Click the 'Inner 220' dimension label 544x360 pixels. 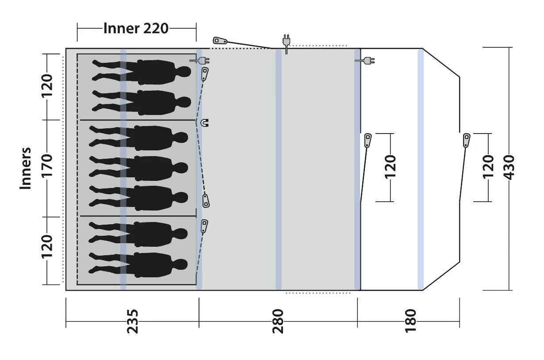point(136,28)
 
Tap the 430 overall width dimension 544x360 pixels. point(509,168)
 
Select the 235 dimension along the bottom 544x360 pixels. point(133,321)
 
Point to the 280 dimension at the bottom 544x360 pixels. point(278,321)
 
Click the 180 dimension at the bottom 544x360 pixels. point(410,321)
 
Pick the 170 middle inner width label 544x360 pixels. point(47,166)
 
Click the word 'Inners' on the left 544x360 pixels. point(25,168)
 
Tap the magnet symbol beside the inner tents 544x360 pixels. point(205,123)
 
